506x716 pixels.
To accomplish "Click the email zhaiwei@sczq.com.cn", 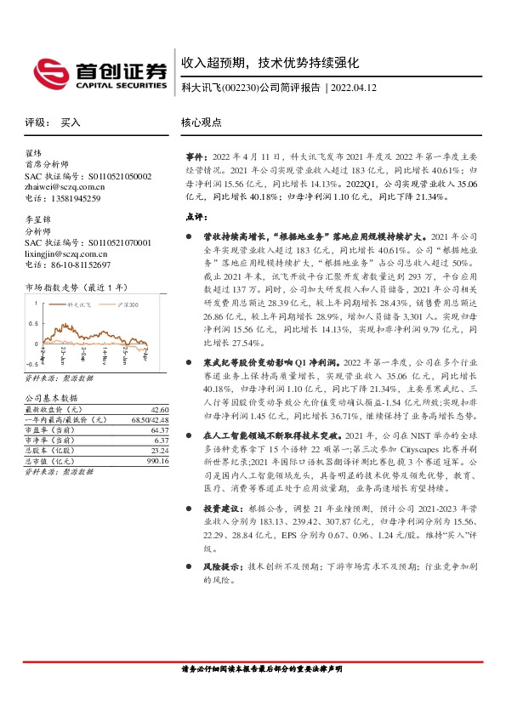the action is point(65,187).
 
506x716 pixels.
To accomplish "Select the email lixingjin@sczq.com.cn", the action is point(66,253).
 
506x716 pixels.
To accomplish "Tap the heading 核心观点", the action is point(201,122).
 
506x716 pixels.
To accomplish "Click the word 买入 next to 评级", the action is point(71,122).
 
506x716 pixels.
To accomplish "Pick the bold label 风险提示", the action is point(220,565).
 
